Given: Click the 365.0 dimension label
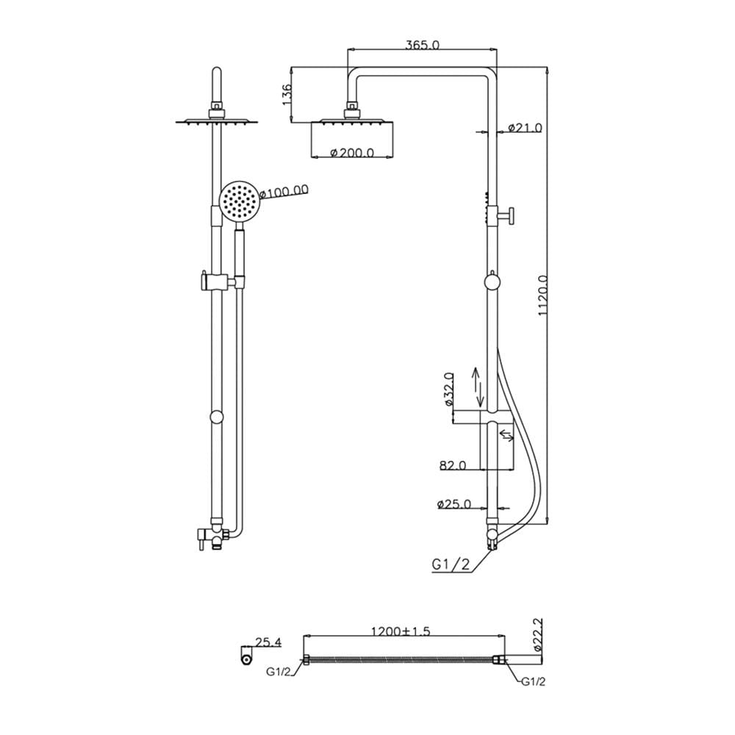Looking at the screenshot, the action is click(422, 45).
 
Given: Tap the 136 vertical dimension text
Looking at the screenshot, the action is click(287, 94).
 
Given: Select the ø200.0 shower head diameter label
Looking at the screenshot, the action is click(351, 152).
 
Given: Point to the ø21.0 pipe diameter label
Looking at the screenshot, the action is click(525, 127).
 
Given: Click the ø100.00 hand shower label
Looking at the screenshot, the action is click(284, 191).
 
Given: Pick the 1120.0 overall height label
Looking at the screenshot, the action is click(542, 295).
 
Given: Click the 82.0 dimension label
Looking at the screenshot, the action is click(452, 465).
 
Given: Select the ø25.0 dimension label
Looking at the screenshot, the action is click(453, 504).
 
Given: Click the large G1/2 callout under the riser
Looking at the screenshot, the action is click(451, 564).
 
